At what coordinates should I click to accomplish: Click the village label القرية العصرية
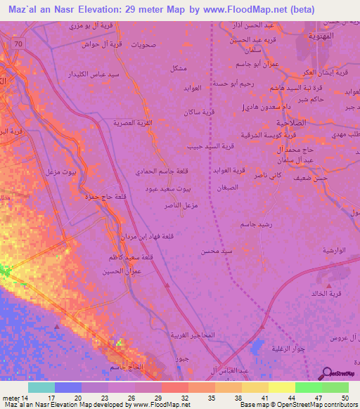(x=134, y=122)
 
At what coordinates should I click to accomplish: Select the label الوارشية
(x=337, y=250)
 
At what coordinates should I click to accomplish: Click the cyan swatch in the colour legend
(x=41, y=387)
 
